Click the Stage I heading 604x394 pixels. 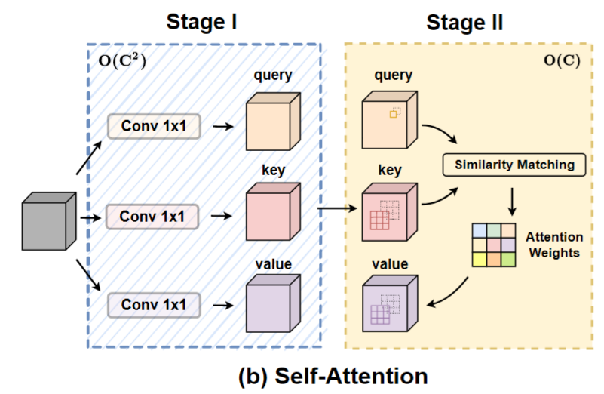pyautogui.click(x=201, y=22)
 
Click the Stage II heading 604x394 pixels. pyautogui.click(x=464, y=22)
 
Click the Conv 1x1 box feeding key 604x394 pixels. pyautogui.click(x=155, y=217)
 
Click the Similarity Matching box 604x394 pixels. pyautogui.click(x=514, y=165)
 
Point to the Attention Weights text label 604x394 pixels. pyautogui.click(x=553, y=245)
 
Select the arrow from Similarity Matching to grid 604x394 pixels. pyautogui.click(x=513, y=200)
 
